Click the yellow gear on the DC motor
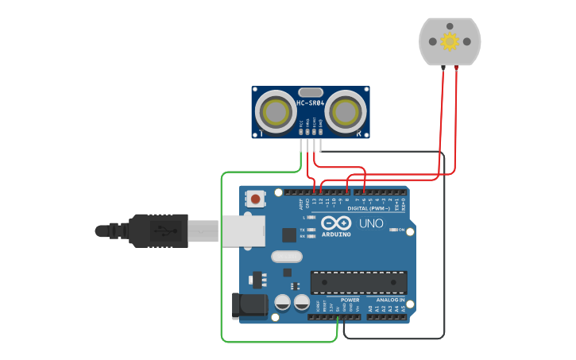coord(450,41)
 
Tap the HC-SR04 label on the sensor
coord(310,103)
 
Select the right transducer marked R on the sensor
coord(344,112)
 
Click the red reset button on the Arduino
coord(256,198)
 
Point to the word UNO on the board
coord(371,224)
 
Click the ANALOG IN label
coord(390,300)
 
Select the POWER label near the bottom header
coord(350,300)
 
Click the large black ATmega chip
coord(358,282)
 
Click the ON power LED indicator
coord(401,230)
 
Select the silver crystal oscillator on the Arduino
coord(287,257)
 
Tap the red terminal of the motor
coord(456,68)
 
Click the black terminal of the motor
coord(443,68)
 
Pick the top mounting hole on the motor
coord(450,25)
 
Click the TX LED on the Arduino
coord(311,230)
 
